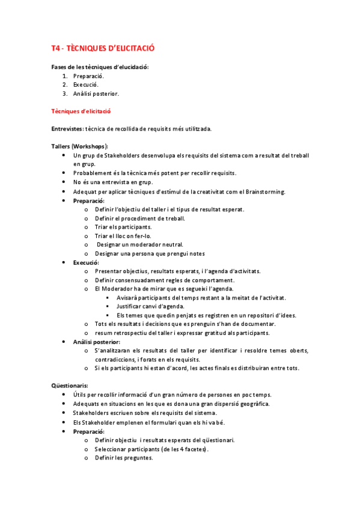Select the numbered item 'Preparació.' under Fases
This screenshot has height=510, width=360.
88,76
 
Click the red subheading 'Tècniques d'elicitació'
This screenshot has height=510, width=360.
81,111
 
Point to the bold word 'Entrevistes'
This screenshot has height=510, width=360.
67,129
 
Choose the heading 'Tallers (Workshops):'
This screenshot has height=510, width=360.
79,146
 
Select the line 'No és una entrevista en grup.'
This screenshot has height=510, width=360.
113,182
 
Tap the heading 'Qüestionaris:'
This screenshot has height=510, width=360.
70,386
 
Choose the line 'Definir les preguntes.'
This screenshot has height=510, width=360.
124,458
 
